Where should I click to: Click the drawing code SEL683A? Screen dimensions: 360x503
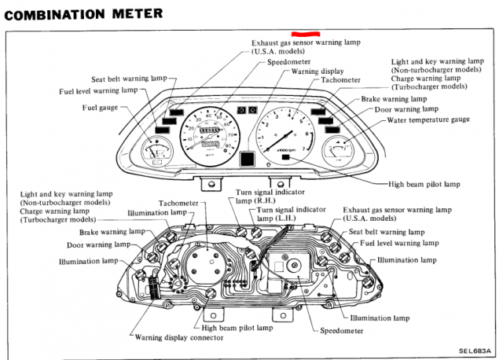point(474,351)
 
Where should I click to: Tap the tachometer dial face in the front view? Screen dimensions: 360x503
point(285,130)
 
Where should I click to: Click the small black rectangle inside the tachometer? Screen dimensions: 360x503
point(284,158)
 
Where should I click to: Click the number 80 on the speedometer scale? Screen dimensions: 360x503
point(227,145)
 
